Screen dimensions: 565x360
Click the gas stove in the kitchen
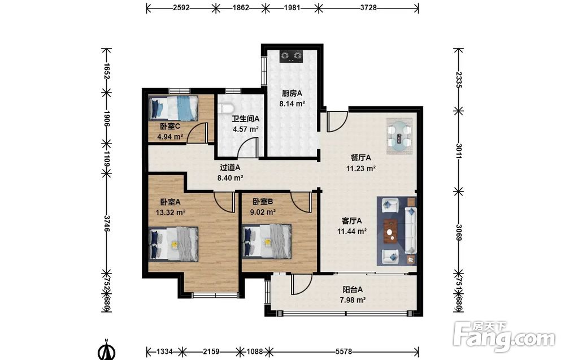291,56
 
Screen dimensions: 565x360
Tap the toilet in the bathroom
227,108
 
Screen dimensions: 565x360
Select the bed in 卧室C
173,108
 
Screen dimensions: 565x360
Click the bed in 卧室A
173,244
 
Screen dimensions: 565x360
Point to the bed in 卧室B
267,241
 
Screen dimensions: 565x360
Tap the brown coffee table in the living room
390,231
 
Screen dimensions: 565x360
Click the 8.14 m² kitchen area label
292,104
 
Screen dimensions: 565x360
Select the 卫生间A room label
245,119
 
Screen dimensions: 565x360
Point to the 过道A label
230,168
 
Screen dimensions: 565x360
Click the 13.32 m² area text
171,212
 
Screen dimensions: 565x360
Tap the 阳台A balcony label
353,289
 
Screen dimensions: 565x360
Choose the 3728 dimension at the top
368,7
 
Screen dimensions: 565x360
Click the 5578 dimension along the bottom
344,351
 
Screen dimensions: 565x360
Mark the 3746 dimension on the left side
107,224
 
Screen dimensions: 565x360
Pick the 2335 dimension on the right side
459,80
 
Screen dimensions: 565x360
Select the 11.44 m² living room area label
352,231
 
